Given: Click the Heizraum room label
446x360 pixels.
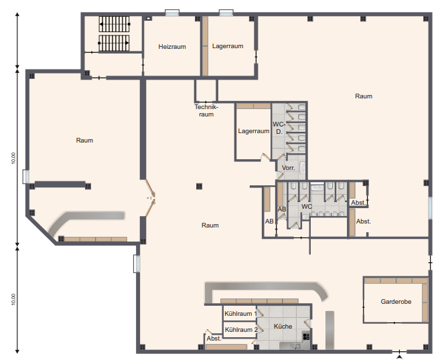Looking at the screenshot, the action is tap(172, 47).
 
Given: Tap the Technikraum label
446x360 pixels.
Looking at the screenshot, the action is tap(206, 110).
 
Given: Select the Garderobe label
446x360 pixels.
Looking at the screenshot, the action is tap(396, 302).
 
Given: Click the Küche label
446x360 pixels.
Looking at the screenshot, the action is tap(283, 326).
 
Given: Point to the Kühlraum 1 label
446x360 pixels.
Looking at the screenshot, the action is tap(240, 314).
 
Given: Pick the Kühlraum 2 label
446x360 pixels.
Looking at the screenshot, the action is tap(241, 330).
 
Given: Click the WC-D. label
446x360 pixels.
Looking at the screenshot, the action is tap(279, 128).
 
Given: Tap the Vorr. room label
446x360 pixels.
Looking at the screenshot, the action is tap(288, 168).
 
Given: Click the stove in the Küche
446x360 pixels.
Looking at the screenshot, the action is tap(306, 337).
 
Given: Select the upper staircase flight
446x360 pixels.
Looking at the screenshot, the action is tap(114, 24).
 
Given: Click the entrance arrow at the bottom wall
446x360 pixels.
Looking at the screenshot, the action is tap(400, 357).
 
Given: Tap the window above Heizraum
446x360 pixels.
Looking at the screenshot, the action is tap(172, 13).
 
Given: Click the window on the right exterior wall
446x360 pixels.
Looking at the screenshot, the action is tap(431, 207).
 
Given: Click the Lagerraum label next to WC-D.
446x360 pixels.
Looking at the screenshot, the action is tap(253, 131).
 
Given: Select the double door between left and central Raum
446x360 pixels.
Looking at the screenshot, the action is tap(151, 198).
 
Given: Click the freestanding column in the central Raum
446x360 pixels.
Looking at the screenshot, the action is tap(199, 186).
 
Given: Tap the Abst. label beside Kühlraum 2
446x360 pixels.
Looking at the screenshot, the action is tap(214, 339).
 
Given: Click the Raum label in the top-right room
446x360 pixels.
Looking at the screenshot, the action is tap(364, 96).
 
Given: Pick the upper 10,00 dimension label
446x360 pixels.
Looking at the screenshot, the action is tap(13, 158).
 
